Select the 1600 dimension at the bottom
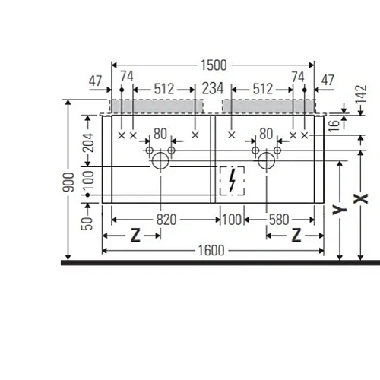pyautogui.click(x=213, y=249)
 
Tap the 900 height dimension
pyautogui.click(x=68, y=182)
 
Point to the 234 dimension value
pyautogui.click(x=213, y=89)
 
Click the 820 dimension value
pyautogui.click(x=166, y=220)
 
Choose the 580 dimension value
pyautogui.click(x=279, y=220)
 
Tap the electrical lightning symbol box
pyautogui.click(x=230, y=181)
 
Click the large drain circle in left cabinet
pyautogui.click(x=160, y=160)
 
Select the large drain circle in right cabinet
pyautogui.click(x=266, y=160)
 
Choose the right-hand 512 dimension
pyautogui.click(x=261, y=89)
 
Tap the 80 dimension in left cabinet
pyautogui.click(x=160, y=134)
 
